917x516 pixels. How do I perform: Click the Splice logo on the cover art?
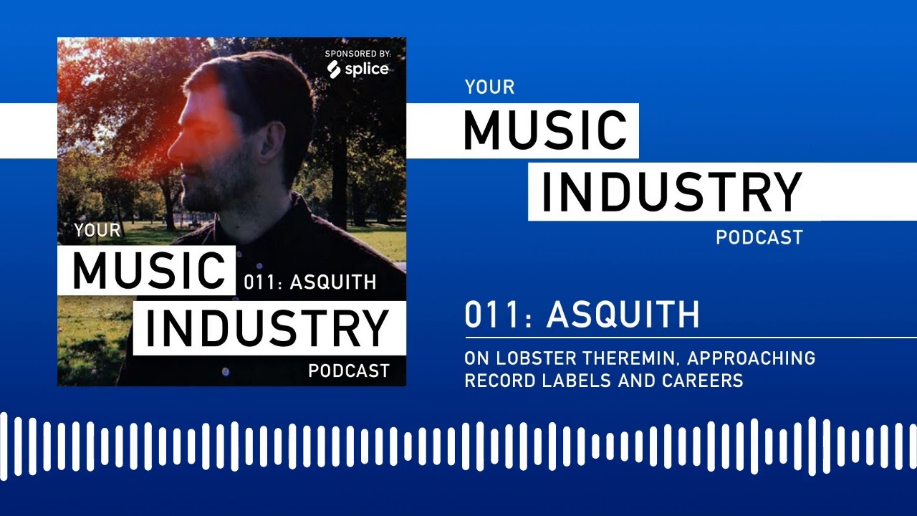coord(358,70)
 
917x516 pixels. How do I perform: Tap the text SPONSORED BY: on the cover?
coord(357,54)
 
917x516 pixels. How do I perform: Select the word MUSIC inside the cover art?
coord(148,271)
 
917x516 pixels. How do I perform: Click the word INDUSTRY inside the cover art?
coord(267,328)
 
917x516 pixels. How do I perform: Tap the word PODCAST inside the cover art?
coord(349,371)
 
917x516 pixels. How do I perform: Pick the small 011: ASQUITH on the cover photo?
coord(309,282)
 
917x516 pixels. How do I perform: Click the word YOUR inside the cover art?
coord(97,231)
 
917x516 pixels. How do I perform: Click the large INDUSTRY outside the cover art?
coord(671,193)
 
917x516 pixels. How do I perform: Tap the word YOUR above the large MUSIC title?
coord(490,87)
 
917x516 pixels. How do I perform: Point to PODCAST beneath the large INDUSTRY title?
coord(759,237)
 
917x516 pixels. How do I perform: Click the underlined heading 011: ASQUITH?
coord(582,315)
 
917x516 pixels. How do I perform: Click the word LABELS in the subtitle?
coord(572,381)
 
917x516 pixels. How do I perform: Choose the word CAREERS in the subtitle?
coord(702,381)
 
